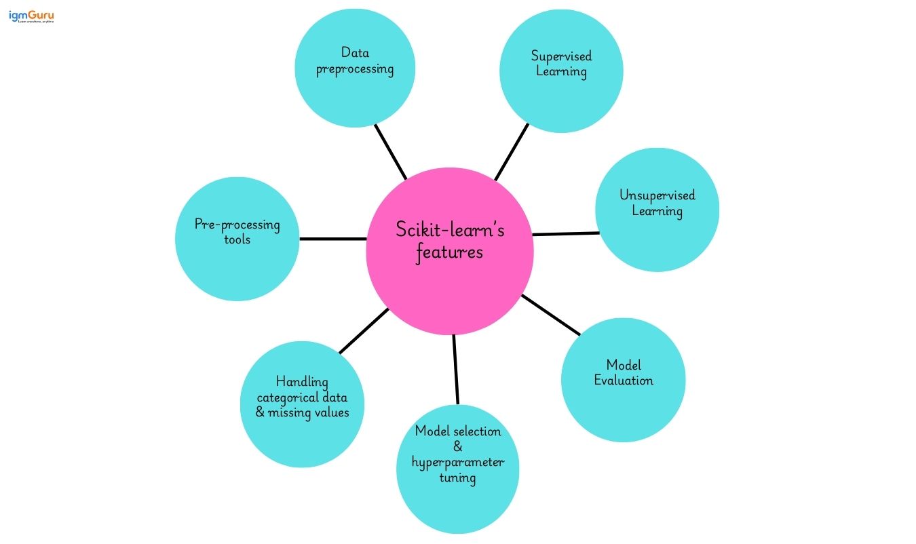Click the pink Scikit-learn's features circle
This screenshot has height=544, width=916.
click(x=450, y=251)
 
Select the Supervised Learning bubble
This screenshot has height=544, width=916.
click(x=561, y=71)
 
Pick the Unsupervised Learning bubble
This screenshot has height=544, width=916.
click(x=657, y=210)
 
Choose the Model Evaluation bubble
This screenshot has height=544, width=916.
click(x=623, y=380)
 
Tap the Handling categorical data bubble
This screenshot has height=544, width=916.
click(x=302, y=405)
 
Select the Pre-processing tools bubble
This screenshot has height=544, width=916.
click(x=237, y=239)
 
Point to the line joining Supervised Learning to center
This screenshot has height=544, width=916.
click(x=512, y=152)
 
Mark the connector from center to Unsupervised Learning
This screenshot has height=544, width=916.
click(x=566, y=234)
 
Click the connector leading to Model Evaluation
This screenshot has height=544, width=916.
click(x=551, y=315)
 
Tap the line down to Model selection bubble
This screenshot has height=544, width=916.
click(x=456, y=370)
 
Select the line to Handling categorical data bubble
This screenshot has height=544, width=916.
click(x=364, y=331)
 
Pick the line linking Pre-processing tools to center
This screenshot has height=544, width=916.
click(x=332, y=239)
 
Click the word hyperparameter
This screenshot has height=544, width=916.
click(x=458, y=463)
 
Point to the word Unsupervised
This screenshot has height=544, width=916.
click(x=657, y=195)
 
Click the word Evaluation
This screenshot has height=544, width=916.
click(x=624, y=381)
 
